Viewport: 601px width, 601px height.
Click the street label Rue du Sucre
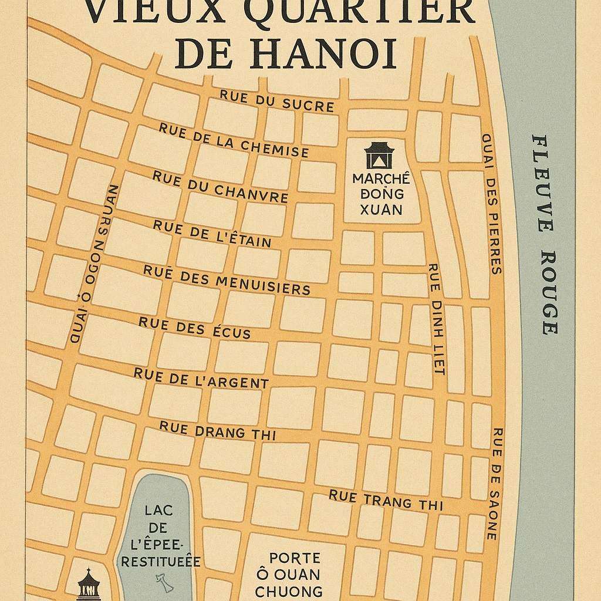[x=276, y=101]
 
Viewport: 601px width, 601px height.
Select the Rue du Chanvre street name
[x=220, y=186]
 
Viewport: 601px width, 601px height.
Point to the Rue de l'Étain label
[x=212, y=234]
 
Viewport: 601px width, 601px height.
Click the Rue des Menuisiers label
[x=227, y=279]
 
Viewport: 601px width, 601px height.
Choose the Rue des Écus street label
[x=194, y=328]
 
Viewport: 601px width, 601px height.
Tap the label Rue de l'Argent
[x=201, y=379]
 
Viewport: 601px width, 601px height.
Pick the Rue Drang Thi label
[x=217, y=431]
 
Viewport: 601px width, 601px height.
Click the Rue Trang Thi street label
[x=385, y=501]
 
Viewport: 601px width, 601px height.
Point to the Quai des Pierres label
[x=491, y=204]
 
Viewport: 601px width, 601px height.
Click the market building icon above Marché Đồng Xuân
[x=379, y=156]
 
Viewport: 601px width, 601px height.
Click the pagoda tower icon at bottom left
[x=88, y=585]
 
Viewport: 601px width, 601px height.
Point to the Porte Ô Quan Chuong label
[x=288, y=574]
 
